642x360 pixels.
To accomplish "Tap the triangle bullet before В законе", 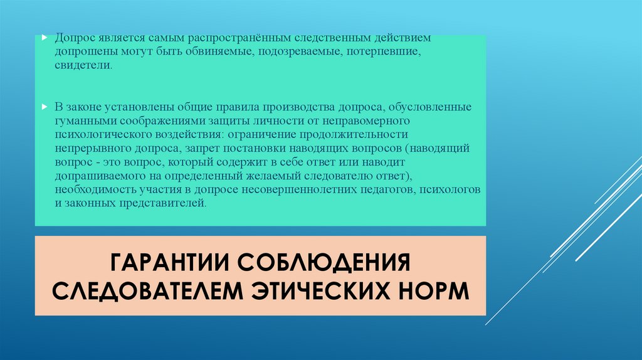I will pos(44,106).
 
